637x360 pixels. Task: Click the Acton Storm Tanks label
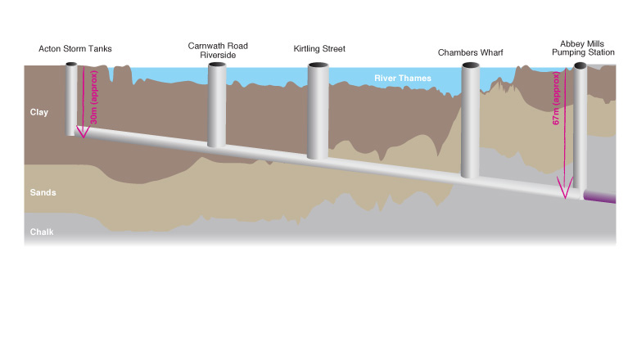click(x=75, y=49)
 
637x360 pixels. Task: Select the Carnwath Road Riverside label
click(x=218, y=51)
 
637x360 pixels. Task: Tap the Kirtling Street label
click(x=319, y=49)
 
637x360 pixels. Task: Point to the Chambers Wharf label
click(x=470, y=53)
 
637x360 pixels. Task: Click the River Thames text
click(x=403, y=79)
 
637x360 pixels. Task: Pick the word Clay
click(x=39, y=112)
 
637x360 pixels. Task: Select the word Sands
click(x=43, y=192)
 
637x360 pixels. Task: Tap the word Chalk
click(x=42, y=232)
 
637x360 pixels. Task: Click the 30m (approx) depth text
click(x=95, y=99)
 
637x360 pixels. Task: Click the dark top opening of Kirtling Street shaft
click(x=319, y=67)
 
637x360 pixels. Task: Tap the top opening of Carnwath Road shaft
click(x=216, y=65)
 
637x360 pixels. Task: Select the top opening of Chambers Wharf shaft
click(x=470, y=68)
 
